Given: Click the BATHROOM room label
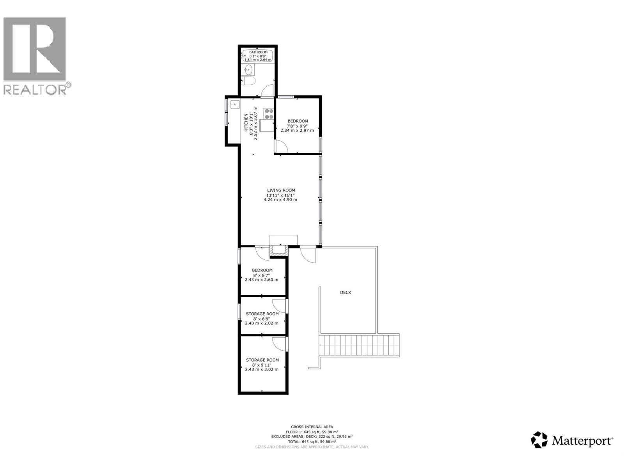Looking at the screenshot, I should click(x=258, y=52).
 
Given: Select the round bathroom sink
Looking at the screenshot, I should click(x=248, y=70).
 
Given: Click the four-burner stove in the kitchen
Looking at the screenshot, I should click(x=269, y=113).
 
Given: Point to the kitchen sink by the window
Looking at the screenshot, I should click(x=234, y=104).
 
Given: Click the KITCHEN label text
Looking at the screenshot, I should click(x=246, y=122).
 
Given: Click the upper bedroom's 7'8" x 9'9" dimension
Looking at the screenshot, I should click(x=298, y=126).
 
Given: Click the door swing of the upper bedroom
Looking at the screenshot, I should click(x=282, y=146).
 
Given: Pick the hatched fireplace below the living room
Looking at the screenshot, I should click(x=279, y=250).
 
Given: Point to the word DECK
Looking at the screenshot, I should click(x=346, y=292).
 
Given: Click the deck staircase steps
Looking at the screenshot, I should click(x=359, y=345).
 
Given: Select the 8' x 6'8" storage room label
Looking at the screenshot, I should click(x=262, y=318).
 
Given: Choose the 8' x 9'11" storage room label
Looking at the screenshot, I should click(x=262, y=365).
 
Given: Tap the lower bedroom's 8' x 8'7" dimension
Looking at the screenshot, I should click(x=262, y=275).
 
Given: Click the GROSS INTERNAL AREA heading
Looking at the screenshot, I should click(x=312, y=427).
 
